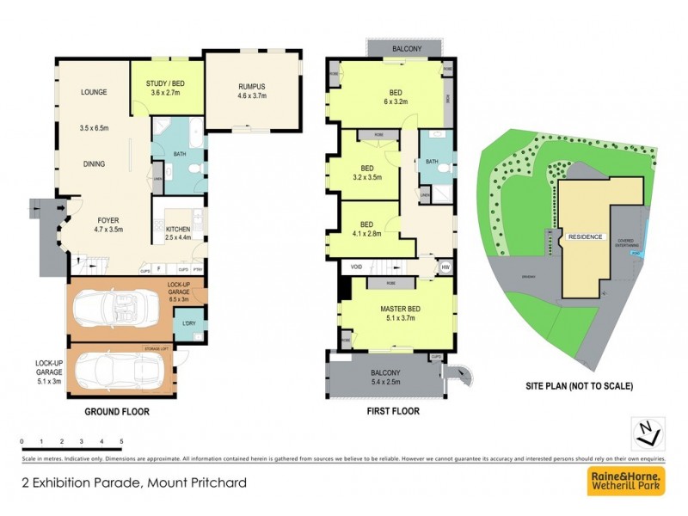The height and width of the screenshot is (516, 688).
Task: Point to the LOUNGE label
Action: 94,92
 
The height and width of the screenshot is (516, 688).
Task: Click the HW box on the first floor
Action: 445,267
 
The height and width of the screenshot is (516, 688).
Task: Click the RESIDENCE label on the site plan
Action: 587,236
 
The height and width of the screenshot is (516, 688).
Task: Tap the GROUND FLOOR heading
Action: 117,412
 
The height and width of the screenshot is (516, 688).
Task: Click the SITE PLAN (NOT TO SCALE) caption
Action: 579,387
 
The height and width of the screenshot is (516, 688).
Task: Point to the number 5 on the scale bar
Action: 121,441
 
